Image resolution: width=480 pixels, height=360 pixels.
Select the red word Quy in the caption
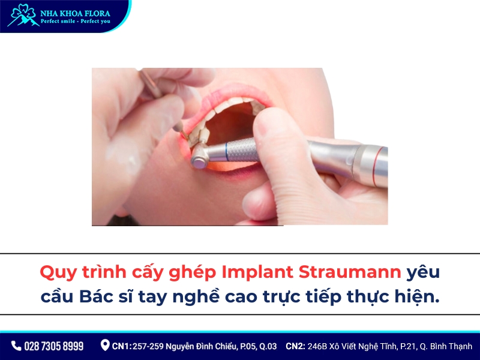(x=57, y=272)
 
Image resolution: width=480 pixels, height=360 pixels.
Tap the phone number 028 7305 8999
(x=54, y=346)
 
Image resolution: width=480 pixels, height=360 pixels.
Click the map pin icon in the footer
(x=105, y=346)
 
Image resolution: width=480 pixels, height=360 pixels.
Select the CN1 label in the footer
(x=122, y=346)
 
